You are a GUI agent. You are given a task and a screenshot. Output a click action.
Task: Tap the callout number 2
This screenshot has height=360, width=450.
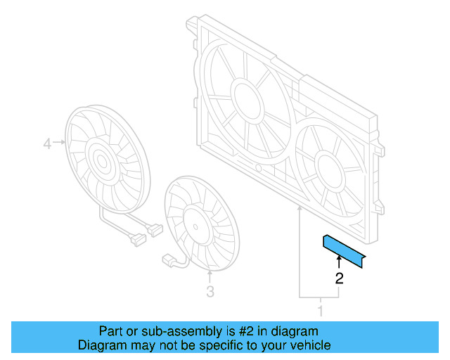(339, 278)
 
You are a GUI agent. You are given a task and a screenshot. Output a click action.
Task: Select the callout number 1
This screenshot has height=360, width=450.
(321, 310)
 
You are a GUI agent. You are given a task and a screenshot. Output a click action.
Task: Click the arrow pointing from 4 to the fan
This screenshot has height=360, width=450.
(59, 144)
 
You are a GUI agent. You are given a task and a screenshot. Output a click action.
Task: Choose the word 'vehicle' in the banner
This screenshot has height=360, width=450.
(309, 345)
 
